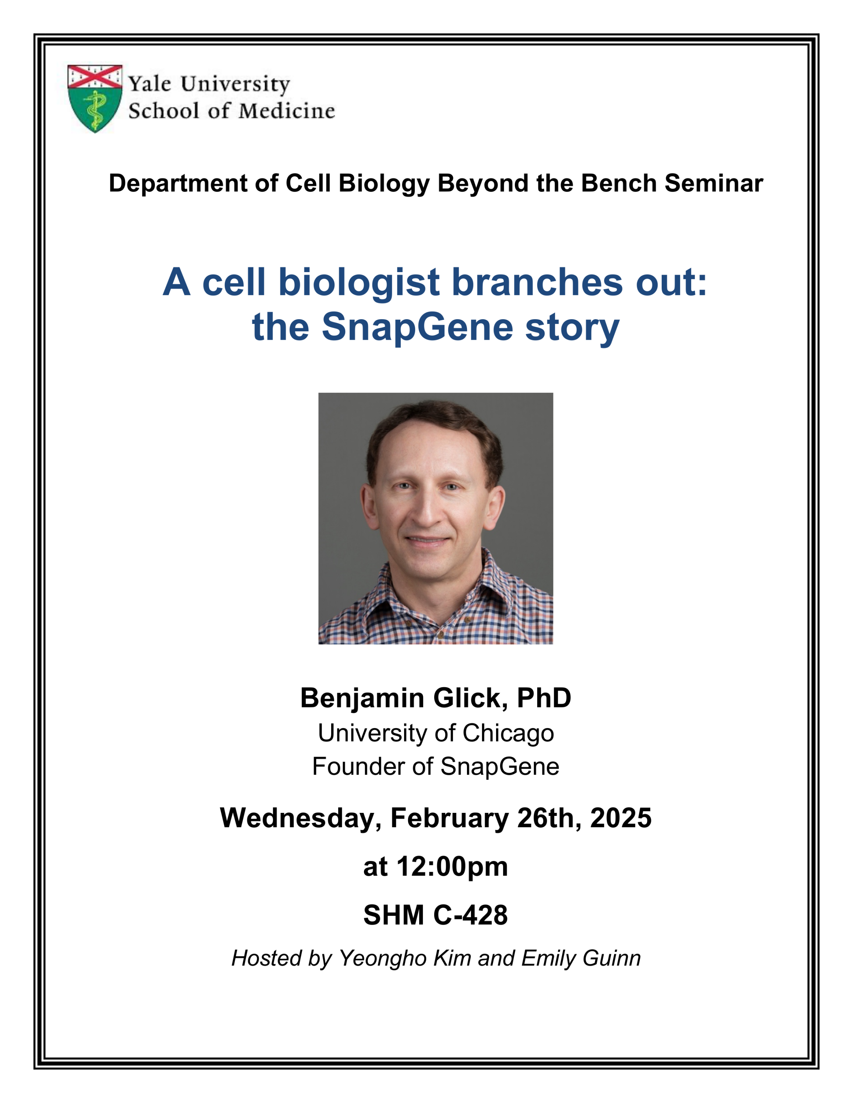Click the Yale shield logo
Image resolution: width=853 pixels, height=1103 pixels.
pos(95,99)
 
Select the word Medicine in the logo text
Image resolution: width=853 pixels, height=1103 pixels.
pos(287,111)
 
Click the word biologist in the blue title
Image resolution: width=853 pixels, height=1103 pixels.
pos(359,283)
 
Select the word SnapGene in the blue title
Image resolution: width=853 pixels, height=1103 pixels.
pos(418,327)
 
